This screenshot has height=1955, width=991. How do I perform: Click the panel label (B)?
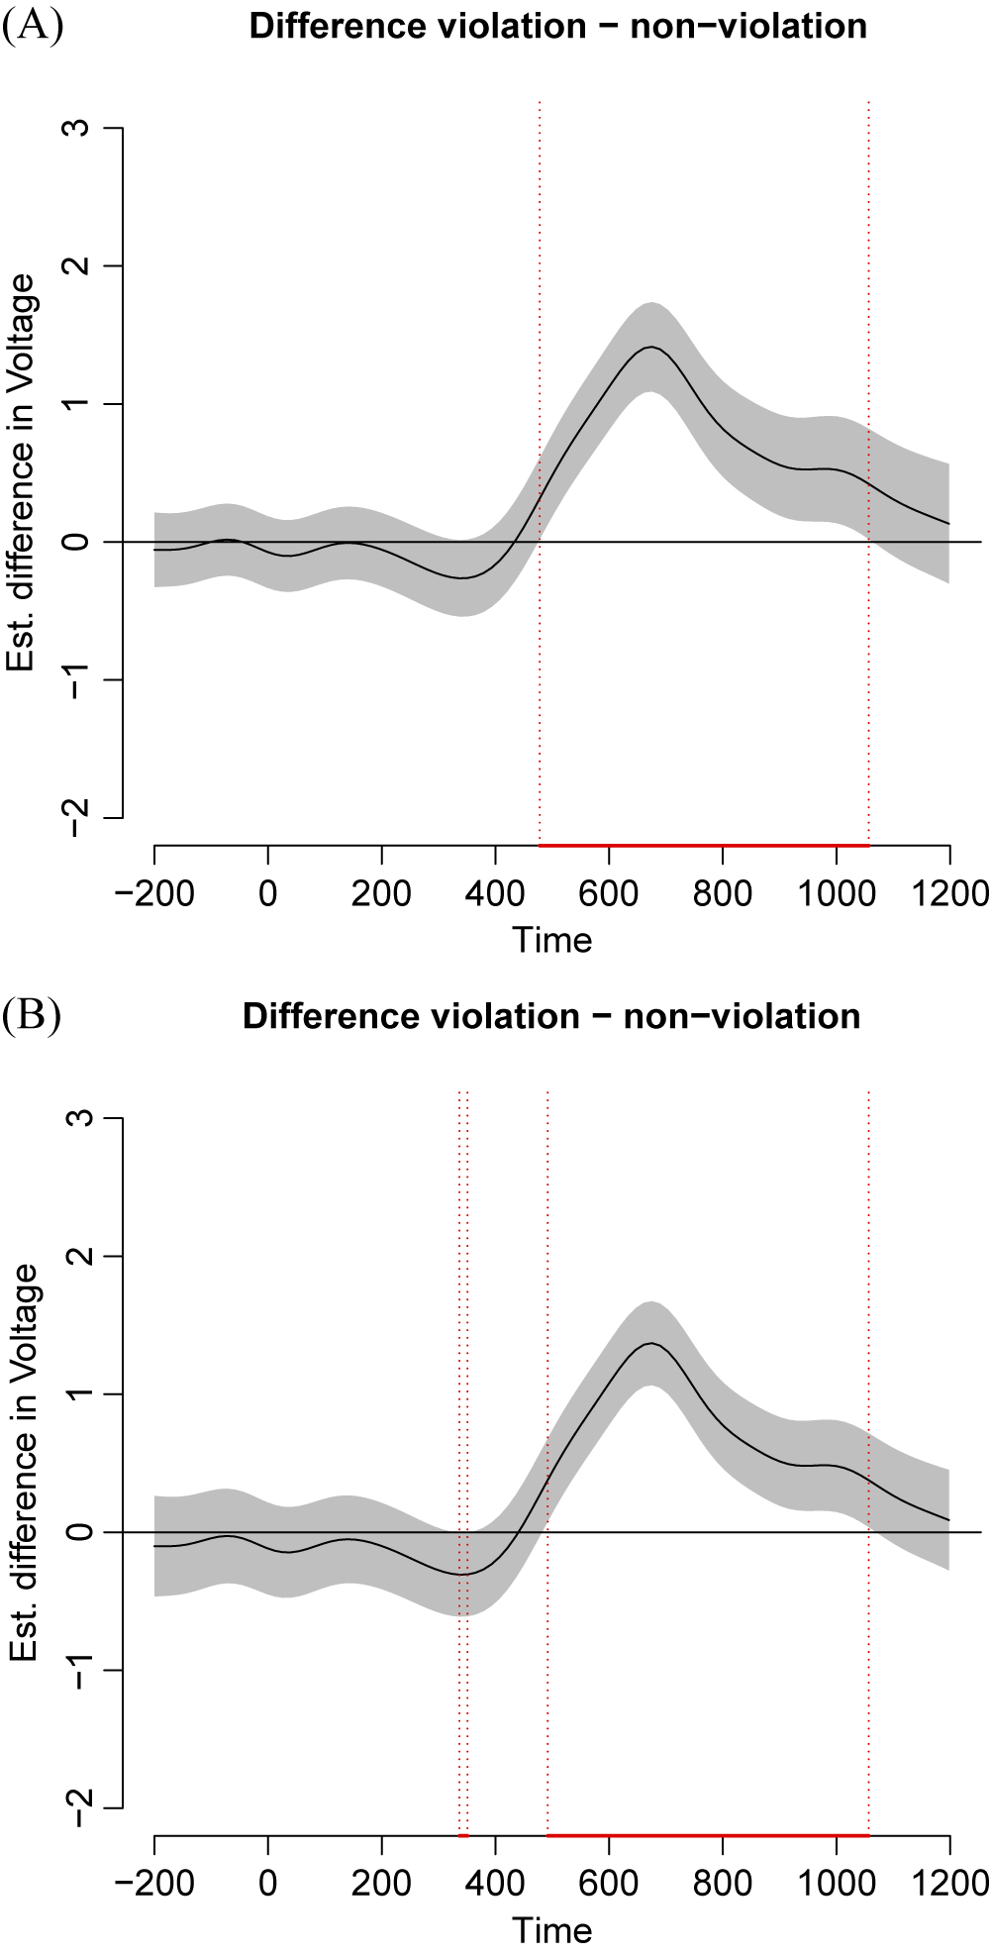click(32, 1016)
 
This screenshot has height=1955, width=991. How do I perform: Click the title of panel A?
click(557, 26)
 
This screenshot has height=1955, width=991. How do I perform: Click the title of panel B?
click(551, 1016)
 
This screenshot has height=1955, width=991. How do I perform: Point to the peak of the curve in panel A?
click(651, 347)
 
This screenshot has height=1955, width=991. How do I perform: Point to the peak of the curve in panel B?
click(651, 1343)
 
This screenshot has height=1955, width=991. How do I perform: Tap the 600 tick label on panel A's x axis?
click(608, 893)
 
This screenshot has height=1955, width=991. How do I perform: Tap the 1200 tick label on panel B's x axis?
click(948, 1884)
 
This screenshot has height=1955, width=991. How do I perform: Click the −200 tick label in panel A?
click(154, 893)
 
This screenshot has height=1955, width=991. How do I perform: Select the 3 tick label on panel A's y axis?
click(79, 128)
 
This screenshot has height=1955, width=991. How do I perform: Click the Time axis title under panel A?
click(551, 940)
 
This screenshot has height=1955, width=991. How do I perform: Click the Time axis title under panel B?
click(551, 1930)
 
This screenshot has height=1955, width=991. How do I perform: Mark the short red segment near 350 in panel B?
click(463, 1835)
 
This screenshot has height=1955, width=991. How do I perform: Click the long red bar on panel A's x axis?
click(703, 845)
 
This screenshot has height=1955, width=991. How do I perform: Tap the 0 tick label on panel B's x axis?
click(268, 1884)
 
